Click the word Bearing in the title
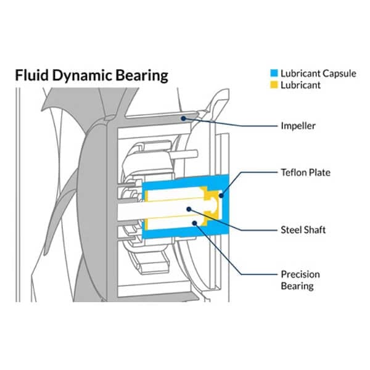[x=145, y=76]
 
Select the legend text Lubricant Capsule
[x=318, y=73]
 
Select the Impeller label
[x=298, y=126]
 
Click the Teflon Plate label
[x=305, y=173]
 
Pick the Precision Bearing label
[x=300, y=279]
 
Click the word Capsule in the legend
[x=339, y=73]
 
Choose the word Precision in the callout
[x=300, y=274]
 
